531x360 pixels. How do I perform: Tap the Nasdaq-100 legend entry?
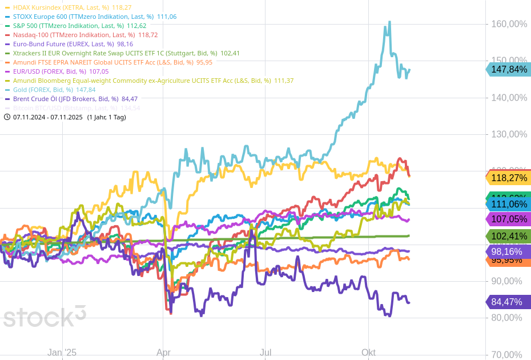74,35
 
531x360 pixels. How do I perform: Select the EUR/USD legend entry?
50,71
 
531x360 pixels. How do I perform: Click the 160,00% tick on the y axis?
509,24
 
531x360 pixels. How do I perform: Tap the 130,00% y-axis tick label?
509,134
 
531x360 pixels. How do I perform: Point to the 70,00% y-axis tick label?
509,354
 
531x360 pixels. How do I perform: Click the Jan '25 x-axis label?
62,353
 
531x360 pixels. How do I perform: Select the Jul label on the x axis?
265,353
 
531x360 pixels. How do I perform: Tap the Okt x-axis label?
368,353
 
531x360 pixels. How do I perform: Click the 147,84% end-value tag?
509,69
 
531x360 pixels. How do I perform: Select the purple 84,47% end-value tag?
509,302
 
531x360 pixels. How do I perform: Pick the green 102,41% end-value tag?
509,236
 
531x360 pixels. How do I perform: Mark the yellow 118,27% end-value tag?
509,178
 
